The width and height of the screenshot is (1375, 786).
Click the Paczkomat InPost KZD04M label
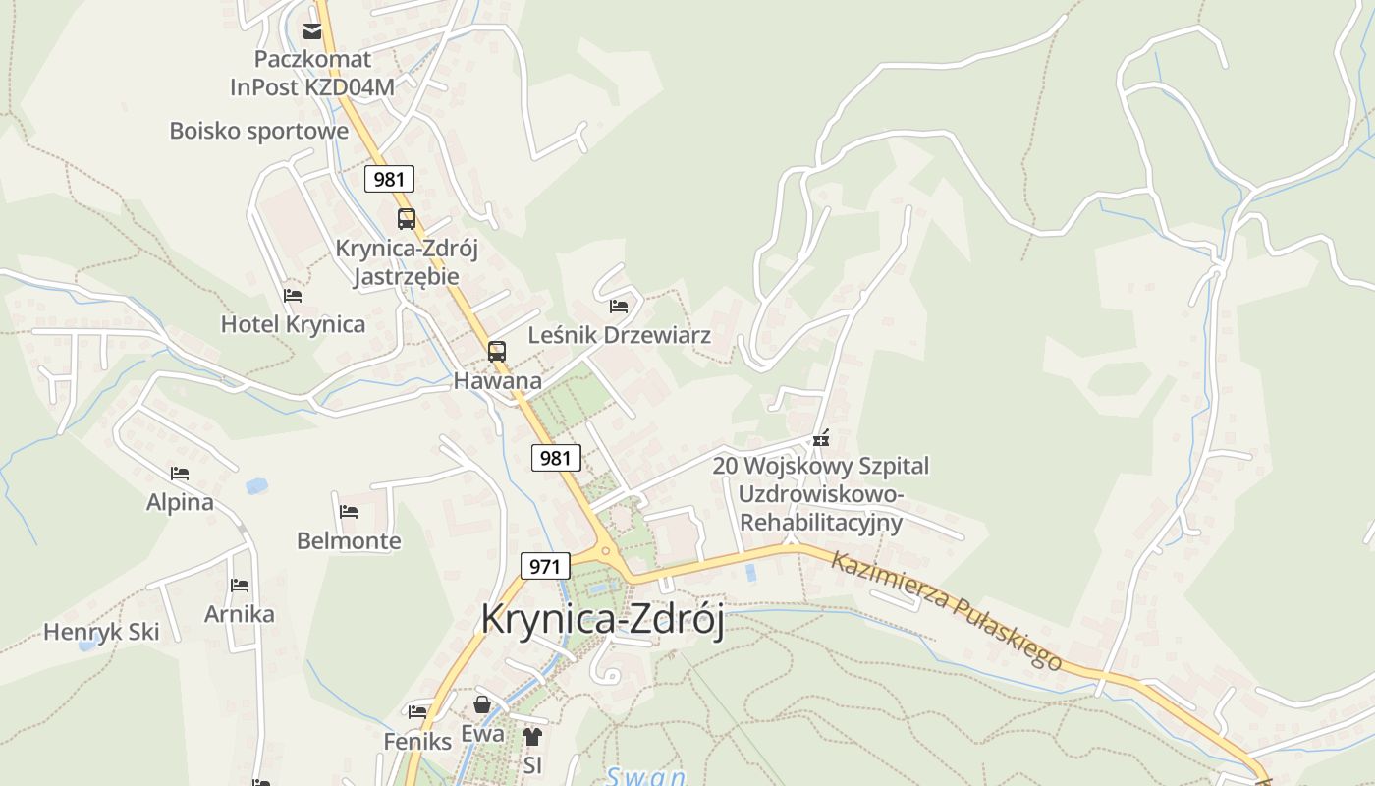(x=312, y=73)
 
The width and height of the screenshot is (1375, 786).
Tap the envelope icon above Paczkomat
(x=312, y=31)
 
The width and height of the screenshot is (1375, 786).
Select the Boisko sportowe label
(x=258, y=131)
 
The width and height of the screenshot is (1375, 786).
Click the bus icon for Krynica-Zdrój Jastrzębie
(x=407, y=219)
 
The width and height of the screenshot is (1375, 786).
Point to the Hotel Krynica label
(x=293, y=324)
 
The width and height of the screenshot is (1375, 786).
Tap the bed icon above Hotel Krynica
(x=293, y=295)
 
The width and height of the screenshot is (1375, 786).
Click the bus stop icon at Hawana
(x=497, y=351)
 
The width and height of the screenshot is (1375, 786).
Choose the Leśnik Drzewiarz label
(x=619, y=335)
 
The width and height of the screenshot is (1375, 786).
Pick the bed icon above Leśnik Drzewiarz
(x=619, y=307)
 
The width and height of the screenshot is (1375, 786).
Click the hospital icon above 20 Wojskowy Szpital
(x=821, y=438)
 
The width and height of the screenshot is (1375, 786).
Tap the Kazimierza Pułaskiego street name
(x=946, y=611)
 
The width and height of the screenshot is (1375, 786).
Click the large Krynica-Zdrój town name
(x=602, y=620)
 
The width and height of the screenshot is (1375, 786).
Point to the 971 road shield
(x=545, y=566)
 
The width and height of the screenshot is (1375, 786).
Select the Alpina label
(x=180, y=502)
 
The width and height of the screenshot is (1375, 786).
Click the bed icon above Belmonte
(x=349, y=512)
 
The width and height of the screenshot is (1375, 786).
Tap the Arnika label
(x=240, y=614)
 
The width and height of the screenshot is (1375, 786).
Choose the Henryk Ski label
(x=101, y=632)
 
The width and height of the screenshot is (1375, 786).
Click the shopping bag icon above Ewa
(x=482, y=704)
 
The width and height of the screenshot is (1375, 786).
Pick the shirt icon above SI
(x=532, y=736)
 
